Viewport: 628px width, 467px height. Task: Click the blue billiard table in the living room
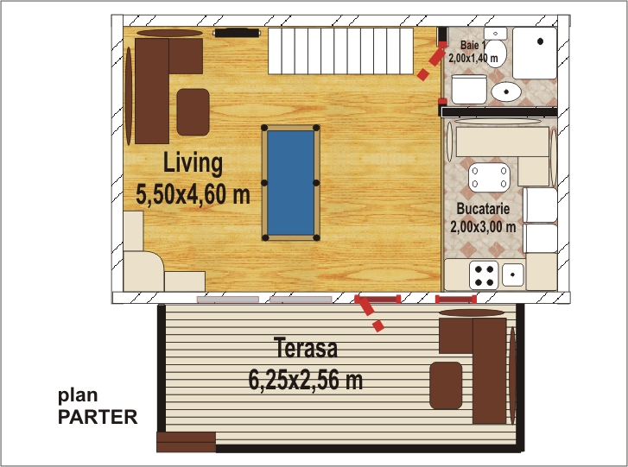(x=290, y=182)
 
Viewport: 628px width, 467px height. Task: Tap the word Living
(x=193, y=163)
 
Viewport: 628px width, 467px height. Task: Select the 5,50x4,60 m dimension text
(x=193, y=194)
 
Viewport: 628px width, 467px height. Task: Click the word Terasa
(x=306, y=347)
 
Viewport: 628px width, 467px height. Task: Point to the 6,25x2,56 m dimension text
(x=306, y=379)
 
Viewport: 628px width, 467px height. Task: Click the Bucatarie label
(x=483, y=209)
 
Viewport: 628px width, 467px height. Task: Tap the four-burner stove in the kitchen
(x=484, y=275)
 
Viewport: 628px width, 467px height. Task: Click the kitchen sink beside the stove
(x=513, y=275)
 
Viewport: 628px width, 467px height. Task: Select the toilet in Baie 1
(x=496, y=47)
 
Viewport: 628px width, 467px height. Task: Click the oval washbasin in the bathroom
(x=506, y=92)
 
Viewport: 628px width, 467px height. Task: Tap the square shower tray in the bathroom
(x=535, y=53)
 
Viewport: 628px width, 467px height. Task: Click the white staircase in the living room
(x=340, y=51)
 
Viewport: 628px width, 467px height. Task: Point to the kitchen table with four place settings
(x=489, y=177)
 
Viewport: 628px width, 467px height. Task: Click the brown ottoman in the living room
(x=193, y=112)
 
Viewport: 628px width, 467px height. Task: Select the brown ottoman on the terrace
(x=446, y=385)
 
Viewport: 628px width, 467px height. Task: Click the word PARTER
(x=98, y=417)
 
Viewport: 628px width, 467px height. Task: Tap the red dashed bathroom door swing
(x=432, y=60)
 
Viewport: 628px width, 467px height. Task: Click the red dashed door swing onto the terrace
(x=369, y=314)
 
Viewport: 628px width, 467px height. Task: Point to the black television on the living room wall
(x=237, y=33)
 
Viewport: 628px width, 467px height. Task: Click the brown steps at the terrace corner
(x=187, y=442)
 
